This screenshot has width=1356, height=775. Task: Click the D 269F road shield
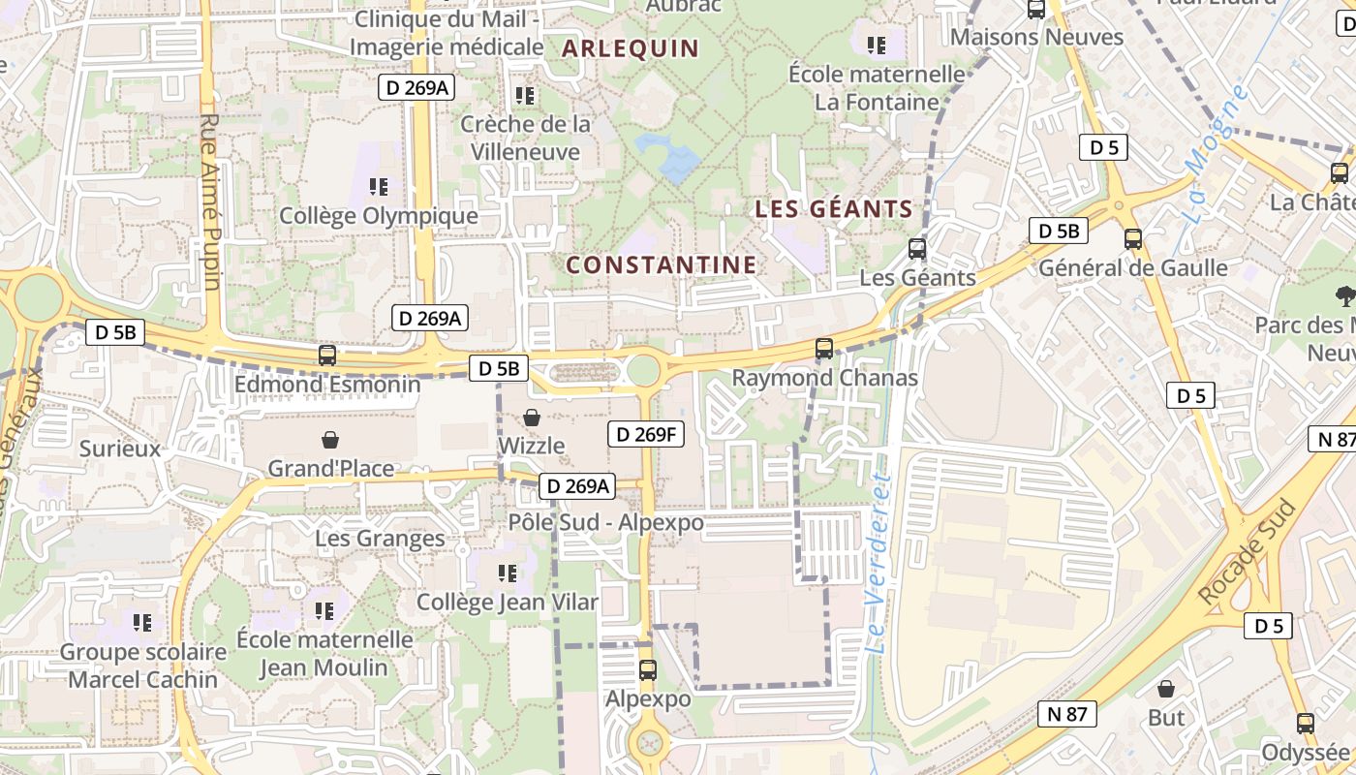(x=646, y=434)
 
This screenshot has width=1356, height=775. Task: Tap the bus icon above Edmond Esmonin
(x=327, y=356)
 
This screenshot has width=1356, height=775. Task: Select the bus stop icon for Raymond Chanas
(x=824, y=349)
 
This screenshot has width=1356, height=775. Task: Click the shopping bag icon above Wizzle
(x=531, y=418)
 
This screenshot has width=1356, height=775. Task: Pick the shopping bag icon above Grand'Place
(x=330, y=441)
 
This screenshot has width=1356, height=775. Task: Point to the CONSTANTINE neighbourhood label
(x=661, y=264)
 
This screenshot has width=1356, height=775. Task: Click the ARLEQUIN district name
(x=630, y=48)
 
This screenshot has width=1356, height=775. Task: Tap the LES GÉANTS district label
(x=833, y=208)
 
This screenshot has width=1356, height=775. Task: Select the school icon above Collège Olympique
(x=379, y=186)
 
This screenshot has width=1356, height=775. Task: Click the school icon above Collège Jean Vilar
(x=507, y=573)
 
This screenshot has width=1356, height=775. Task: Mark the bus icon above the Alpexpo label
(x=648, y=669)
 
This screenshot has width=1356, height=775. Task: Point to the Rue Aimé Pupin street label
(x=211, y=201)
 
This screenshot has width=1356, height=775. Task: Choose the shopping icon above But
(x=1167, y=689)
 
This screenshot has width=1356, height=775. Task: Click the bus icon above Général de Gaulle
(x=1132, y=238)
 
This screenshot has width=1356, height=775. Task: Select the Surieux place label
(x=120, y=449)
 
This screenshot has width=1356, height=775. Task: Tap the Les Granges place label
(x=380, y=538)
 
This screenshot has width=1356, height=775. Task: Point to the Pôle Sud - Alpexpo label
(x=605, y=522)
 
